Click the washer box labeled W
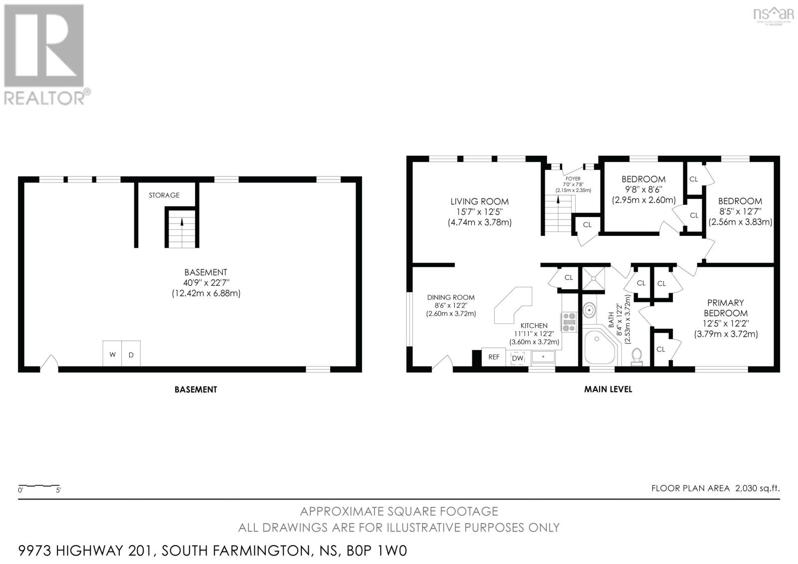(112, 355)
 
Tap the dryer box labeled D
(131, 355)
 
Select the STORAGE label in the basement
(164, 195)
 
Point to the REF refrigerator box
(494, 357)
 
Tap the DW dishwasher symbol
(518, 358)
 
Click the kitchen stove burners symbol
(569, 322)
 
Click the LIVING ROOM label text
(479, 201)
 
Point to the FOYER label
(573, 179)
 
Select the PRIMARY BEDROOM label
(726, 308)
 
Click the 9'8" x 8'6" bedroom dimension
(643, 189)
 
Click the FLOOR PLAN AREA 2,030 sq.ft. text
(715, 488)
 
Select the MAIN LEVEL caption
(608, 389)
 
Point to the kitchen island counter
(514, 305)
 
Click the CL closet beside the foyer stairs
(587, 225)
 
